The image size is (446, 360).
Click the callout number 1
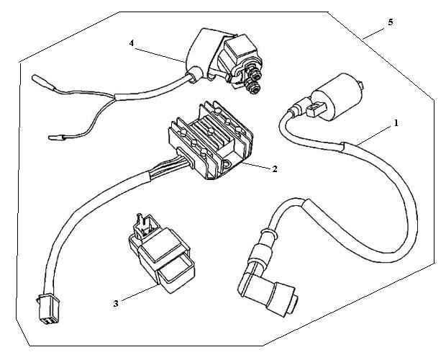pyautogui.click(x=395, y=123)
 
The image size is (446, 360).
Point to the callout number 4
pyautogui.click(x=132, y=43)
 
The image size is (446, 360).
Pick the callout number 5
pyautogui.click(x=391, y=22)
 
